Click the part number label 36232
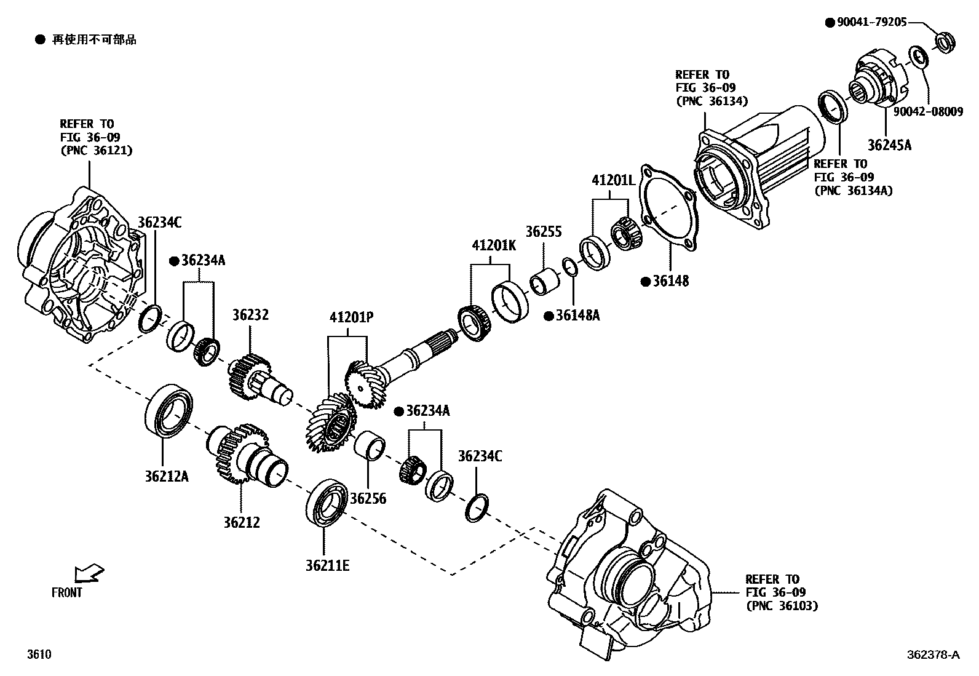(250, 315)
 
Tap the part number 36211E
(327, 565)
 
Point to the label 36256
(368, 498)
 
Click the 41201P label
(351, 317)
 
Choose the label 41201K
(494, 245)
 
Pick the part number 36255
(544, 232)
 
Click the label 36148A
(577, 316)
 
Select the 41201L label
(613, 180)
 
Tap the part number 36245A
(889, 145)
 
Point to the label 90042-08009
(928, 112)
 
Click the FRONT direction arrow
(88, 573)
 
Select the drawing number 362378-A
(932, 655)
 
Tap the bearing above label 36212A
(168, 411)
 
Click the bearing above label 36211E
(327, 503)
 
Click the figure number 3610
(39, 654)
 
